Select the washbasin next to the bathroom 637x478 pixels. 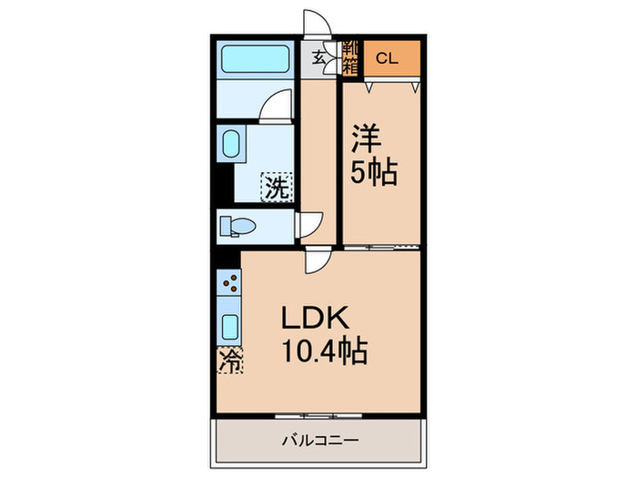[229, 145]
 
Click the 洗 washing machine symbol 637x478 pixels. [277, 188]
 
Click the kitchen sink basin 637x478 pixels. [229, 327]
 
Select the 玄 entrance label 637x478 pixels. [319, 57]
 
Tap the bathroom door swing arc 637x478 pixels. [276, 108]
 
